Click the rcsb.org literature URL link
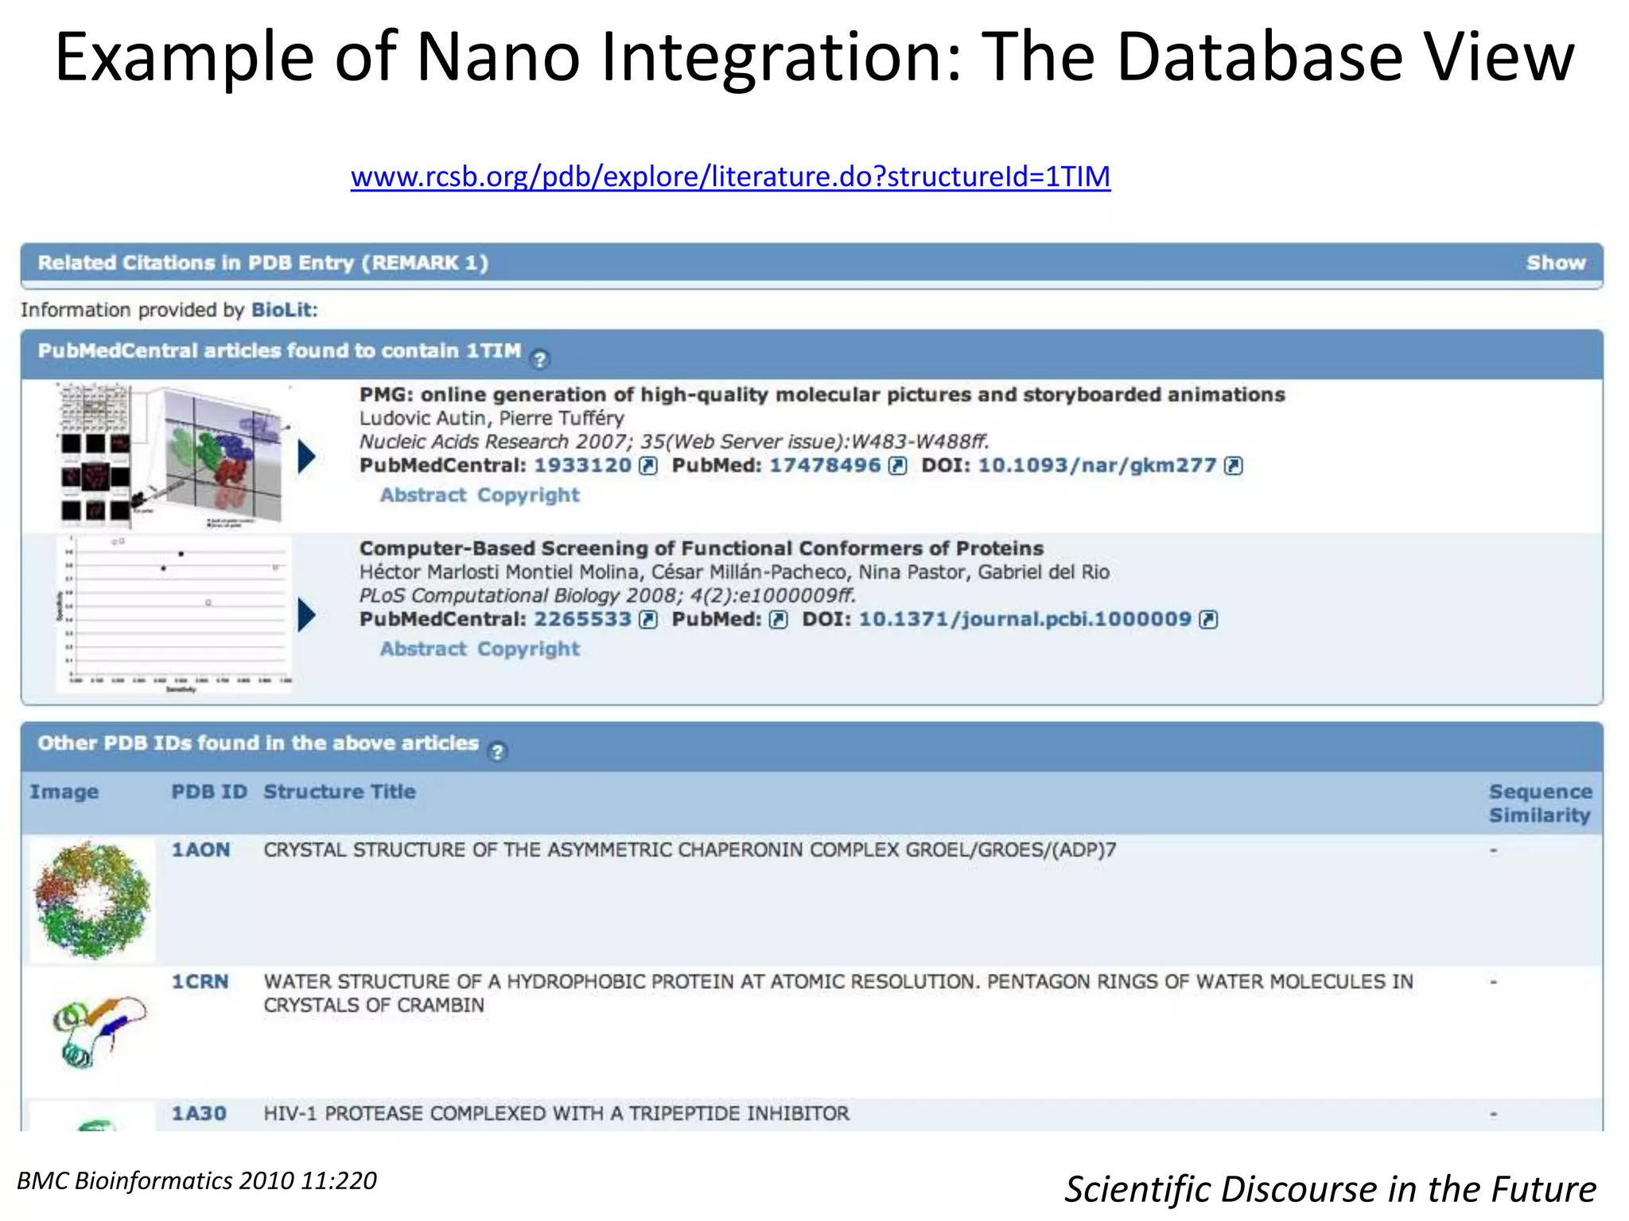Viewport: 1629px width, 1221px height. [730, 176]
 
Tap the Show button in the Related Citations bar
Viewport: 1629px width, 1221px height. [1555, 263]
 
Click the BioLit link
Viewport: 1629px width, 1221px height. [283, 310]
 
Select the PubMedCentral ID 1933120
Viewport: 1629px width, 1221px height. [582, 466]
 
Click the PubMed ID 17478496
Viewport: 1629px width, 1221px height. [825, 466]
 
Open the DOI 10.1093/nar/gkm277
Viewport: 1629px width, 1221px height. [1097, 466]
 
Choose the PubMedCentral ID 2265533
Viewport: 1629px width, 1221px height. [582, 619]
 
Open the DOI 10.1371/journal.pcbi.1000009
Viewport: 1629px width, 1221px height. [1024, 619]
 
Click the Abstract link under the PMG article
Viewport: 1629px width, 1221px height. [423, 495]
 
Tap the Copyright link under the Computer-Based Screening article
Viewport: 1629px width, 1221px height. [528, 649]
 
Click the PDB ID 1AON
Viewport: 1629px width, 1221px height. [200, 850]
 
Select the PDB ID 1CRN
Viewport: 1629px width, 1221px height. [200, 982]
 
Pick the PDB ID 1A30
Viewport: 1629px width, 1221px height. [199, 1114]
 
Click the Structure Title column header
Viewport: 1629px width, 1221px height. [340, 792]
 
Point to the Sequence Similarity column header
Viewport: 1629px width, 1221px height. [1540, 803]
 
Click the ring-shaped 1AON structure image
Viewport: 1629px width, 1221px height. [92, 899]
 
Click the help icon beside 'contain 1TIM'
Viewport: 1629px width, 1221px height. [539, 359]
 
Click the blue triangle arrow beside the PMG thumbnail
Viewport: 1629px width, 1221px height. [307, 457]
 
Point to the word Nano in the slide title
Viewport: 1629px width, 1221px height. [498, 57]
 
